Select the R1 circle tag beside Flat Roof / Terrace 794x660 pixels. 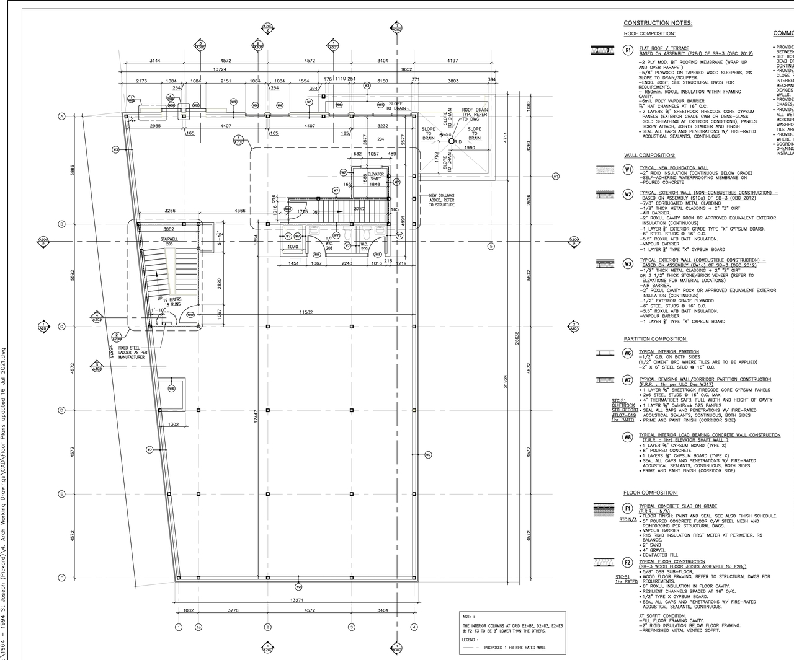[628, 50]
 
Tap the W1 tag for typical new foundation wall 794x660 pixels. [628, 169]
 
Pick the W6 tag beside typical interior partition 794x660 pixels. [628, 353]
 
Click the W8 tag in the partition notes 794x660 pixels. [628, 437]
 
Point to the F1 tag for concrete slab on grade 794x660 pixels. [628, 508]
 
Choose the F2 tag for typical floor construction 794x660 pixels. [628, 563]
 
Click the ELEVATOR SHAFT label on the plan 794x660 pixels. [375, 176]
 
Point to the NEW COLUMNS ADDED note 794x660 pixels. [442, 200]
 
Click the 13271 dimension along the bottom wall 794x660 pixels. [297, 600]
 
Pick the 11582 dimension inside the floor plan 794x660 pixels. [305, 312]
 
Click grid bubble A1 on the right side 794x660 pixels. [556, 176]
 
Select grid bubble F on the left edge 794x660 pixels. [61, 578]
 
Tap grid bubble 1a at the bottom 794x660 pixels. [198, 627]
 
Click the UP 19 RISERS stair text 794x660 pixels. [169, 302]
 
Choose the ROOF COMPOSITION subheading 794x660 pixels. [649, 33]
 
